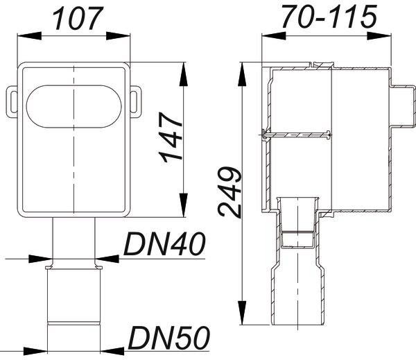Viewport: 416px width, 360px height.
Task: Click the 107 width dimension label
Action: click(78, 18)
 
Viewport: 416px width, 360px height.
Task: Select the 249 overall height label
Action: click(229, 191)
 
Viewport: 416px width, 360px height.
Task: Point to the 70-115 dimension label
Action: click(329, 17)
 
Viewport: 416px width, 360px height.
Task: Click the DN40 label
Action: click(164, 244)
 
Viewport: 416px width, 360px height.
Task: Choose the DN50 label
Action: click(169, 338)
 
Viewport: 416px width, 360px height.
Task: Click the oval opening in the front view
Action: click(73, 106)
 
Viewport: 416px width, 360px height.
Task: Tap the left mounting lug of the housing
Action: click(12, 102)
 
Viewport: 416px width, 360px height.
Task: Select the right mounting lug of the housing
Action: click(136, 102)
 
